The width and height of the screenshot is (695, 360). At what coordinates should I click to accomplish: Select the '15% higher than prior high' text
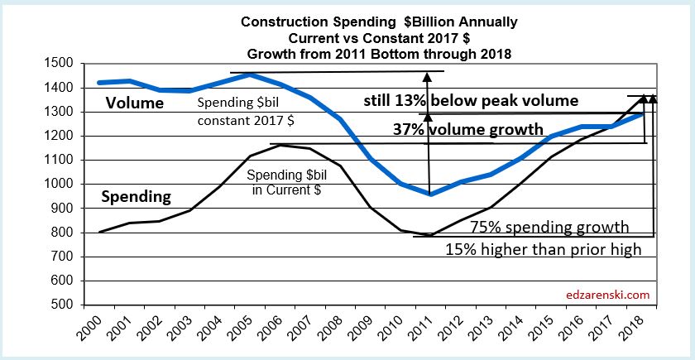point(544,248)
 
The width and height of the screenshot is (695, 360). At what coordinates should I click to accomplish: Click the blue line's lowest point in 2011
point(430,194)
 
